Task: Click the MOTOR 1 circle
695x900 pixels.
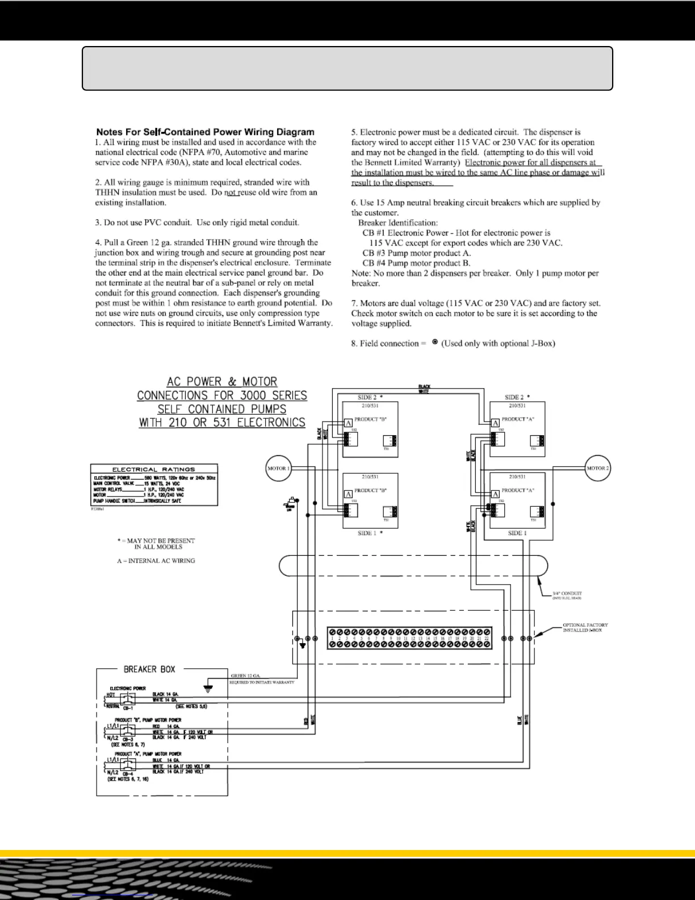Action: coord(278,468)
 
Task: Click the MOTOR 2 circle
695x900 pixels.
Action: coord(598,468)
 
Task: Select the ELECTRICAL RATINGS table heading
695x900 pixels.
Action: coord(154,469)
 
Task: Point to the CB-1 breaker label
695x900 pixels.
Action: coord(128,709)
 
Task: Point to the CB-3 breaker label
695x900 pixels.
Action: coord(128,739)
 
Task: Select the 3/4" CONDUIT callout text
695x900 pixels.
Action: coord(567,593)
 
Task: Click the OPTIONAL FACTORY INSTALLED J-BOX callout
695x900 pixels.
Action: coord(585,627)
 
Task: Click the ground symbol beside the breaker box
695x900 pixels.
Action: coord(208,689)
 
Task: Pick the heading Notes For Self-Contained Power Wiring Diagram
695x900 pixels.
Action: coord(205,132)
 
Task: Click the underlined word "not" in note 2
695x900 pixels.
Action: coord(230,193)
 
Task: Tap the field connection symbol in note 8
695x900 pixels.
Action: coord(434,343)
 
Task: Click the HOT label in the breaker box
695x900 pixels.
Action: coord(111,695)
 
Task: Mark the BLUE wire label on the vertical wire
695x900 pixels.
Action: coord(518,719)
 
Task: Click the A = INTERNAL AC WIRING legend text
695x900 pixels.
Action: coord(156,561)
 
